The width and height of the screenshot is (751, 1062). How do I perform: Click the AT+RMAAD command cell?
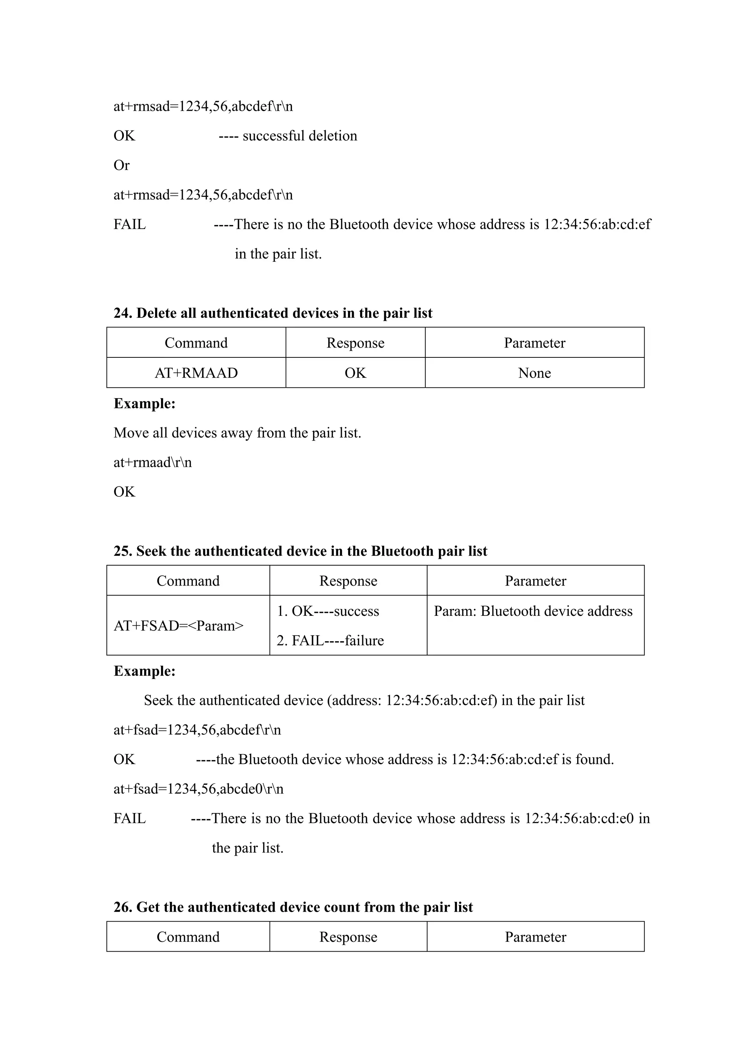[x=196, y=373]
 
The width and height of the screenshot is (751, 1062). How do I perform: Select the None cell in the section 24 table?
[x=534, y=373]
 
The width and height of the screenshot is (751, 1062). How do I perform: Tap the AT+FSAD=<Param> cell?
[x=179, y=626]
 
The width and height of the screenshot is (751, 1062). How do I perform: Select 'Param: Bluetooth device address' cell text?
[x=533, y=611]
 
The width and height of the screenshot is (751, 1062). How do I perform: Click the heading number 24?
[x=122, y=313]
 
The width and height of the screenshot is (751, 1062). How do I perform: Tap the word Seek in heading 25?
[x=151, y=551]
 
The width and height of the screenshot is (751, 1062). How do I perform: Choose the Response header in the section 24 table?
[x=355, y=343]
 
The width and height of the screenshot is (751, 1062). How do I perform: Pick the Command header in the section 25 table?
[x=188, y=581]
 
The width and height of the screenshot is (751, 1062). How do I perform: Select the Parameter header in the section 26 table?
[x=535, y=937]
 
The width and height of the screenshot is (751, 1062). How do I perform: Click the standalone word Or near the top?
[x=121, y=165]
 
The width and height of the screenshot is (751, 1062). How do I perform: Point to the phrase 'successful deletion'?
[x=300, y=136]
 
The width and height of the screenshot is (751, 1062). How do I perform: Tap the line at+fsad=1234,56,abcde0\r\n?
[x=198, y=789]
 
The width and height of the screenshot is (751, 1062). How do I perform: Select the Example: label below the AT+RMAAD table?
[x=144, y=403]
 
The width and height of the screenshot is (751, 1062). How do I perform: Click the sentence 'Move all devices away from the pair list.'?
[x=237, y=433]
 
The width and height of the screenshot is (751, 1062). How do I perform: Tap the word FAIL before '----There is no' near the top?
[x=129, y=224]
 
